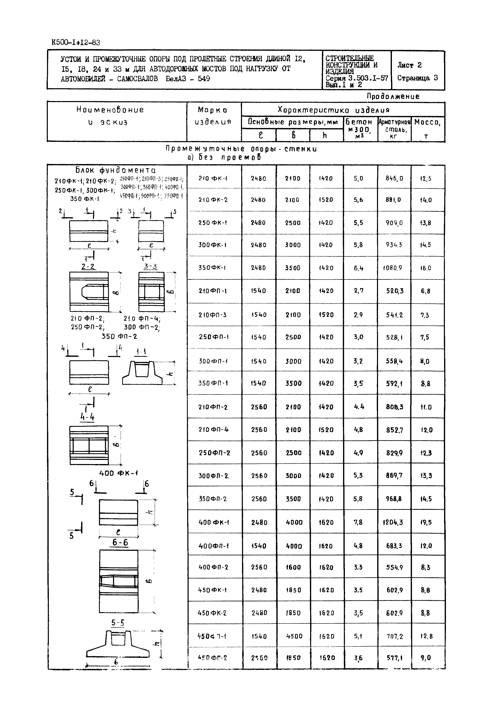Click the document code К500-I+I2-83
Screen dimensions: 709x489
pos(76,42)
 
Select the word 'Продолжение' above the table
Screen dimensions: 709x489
pos(393,96)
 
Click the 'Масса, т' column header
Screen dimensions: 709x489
pos(428,128)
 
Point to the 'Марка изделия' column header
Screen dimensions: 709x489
pos(213,116)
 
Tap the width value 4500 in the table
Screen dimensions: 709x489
pos(294,636)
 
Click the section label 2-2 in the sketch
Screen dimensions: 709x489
pos(88,266)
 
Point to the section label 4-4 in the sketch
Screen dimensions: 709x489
pos(87,417)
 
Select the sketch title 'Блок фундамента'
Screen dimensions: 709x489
pos(116,170)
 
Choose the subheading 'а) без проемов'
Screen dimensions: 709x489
pos(224,158)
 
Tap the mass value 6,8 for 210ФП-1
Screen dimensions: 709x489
pos(426,291)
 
